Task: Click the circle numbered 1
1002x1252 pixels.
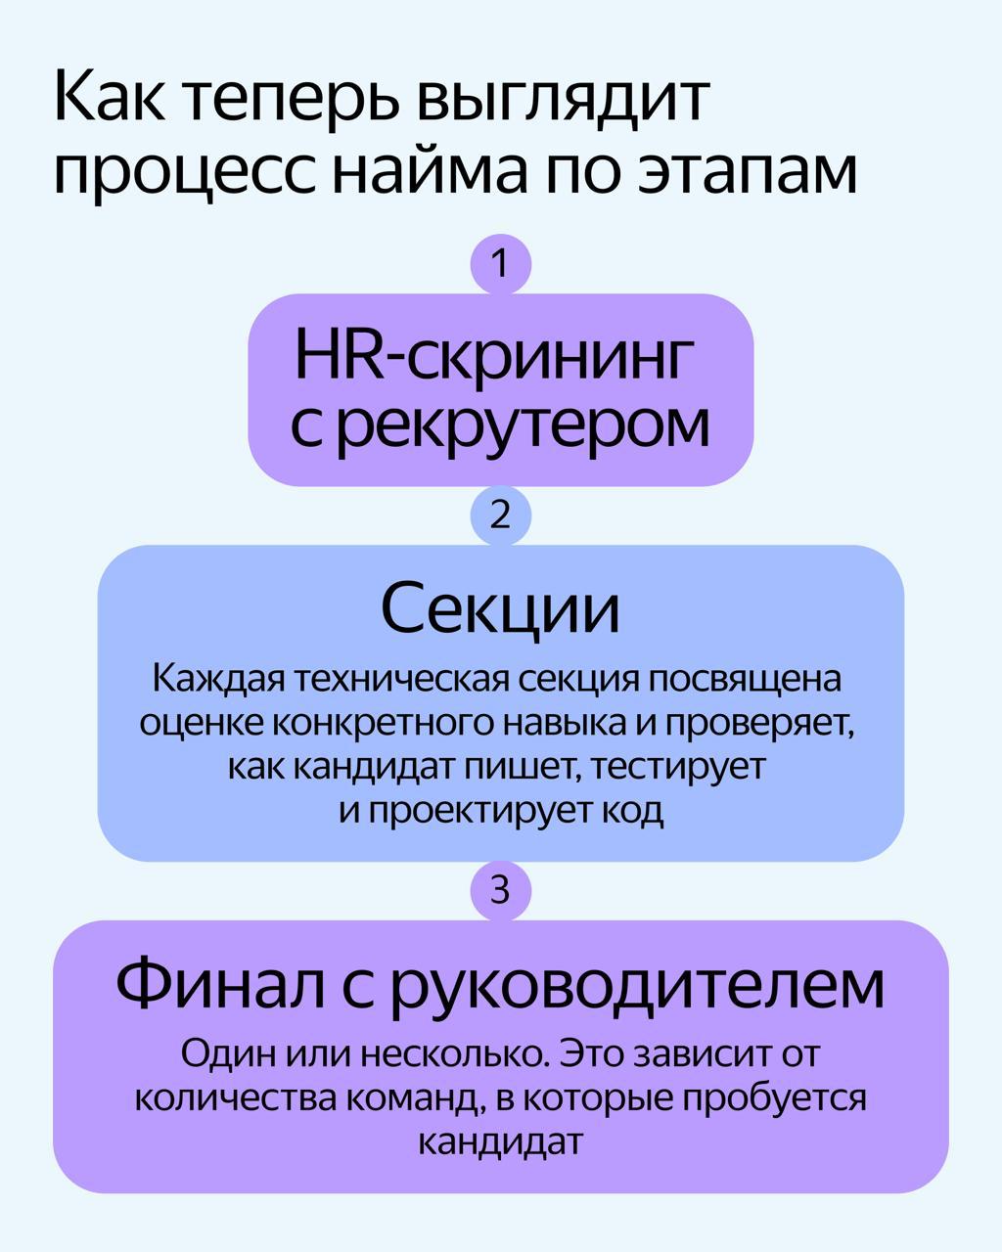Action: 500,264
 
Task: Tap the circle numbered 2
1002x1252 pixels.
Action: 500,515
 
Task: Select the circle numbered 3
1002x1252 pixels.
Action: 500,890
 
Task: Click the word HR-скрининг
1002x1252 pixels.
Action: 494,359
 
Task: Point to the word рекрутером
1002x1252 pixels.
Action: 527,427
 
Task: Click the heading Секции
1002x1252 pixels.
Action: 500,608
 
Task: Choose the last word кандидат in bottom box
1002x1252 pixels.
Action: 500,1141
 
